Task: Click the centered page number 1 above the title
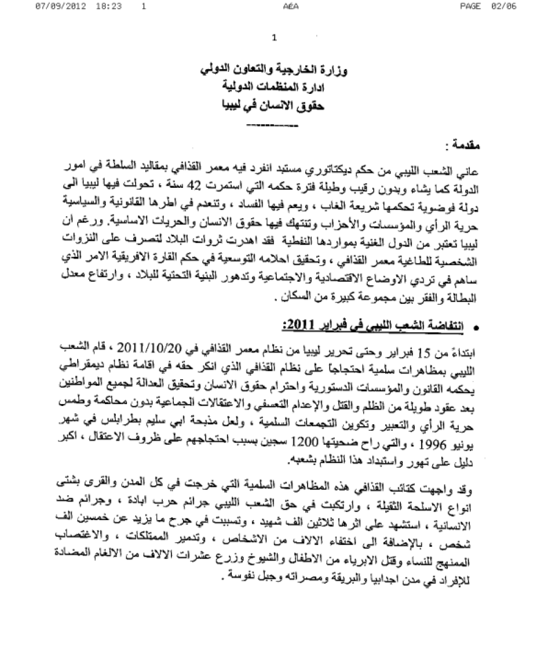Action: click(x=274, y=39)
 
